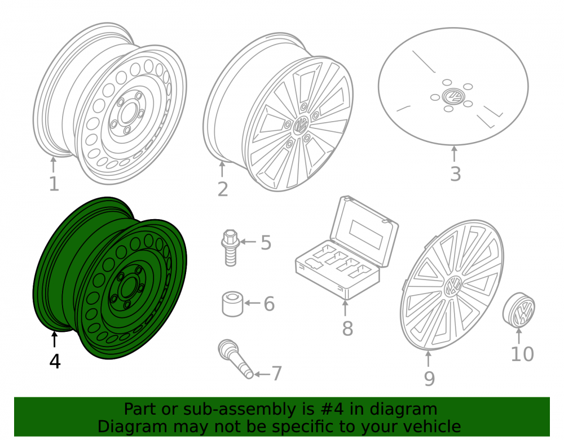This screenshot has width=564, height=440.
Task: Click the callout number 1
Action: click(54, 184)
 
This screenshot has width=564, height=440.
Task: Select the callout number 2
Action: click(223, 189)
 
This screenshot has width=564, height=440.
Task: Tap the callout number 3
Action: click(455, 174)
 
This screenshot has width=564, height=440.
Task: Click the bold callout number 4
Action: click(55, 361)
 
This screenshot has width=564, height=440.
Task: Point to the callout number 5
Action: click(266, 243)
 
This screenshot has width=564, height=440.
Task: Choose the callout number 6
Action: click(269, 304)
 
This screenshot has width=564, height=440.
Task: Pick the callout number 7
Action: click(276, 374)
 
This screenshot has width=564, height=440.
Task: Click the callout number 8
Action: click(347, 329)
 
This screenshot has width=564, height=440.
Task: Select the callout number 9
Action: click(429, 379)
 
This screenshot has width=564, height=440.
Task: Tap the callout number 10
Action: click(522, 354)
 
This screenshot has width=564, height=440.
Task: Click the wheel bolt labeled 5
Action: click(230, 248)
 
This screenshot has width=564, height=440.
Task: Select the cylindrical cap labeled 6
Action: click(232, 304)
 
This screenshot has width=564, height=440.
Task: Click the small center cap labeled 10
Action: click(519, 310)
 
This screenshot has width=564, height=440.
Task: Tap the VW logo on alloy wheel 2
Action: click(301, 126)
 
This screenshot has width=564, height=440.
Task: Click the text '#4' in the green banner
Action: click(332, 410)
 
